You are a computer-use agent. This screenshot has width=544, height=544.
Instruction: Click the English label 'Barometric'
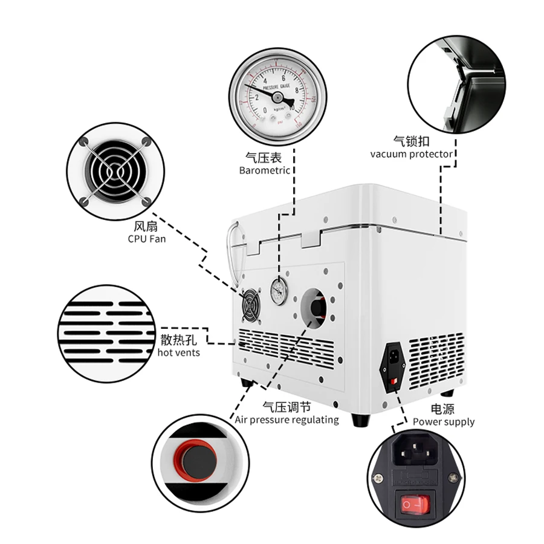264,170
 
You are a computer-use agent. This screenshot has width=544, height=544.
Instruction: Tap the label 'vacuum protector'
411,154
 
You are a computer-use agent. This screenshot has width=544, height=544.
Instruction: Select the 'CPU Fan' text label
147,239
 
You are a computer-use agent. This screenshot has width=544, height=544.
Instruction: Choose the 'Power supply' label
444,422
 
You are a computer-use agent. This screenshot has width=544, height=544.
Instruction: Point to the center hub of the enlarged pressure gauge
277,96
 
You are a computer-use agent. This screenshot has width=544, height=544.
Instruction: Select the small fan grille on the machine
249,306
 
